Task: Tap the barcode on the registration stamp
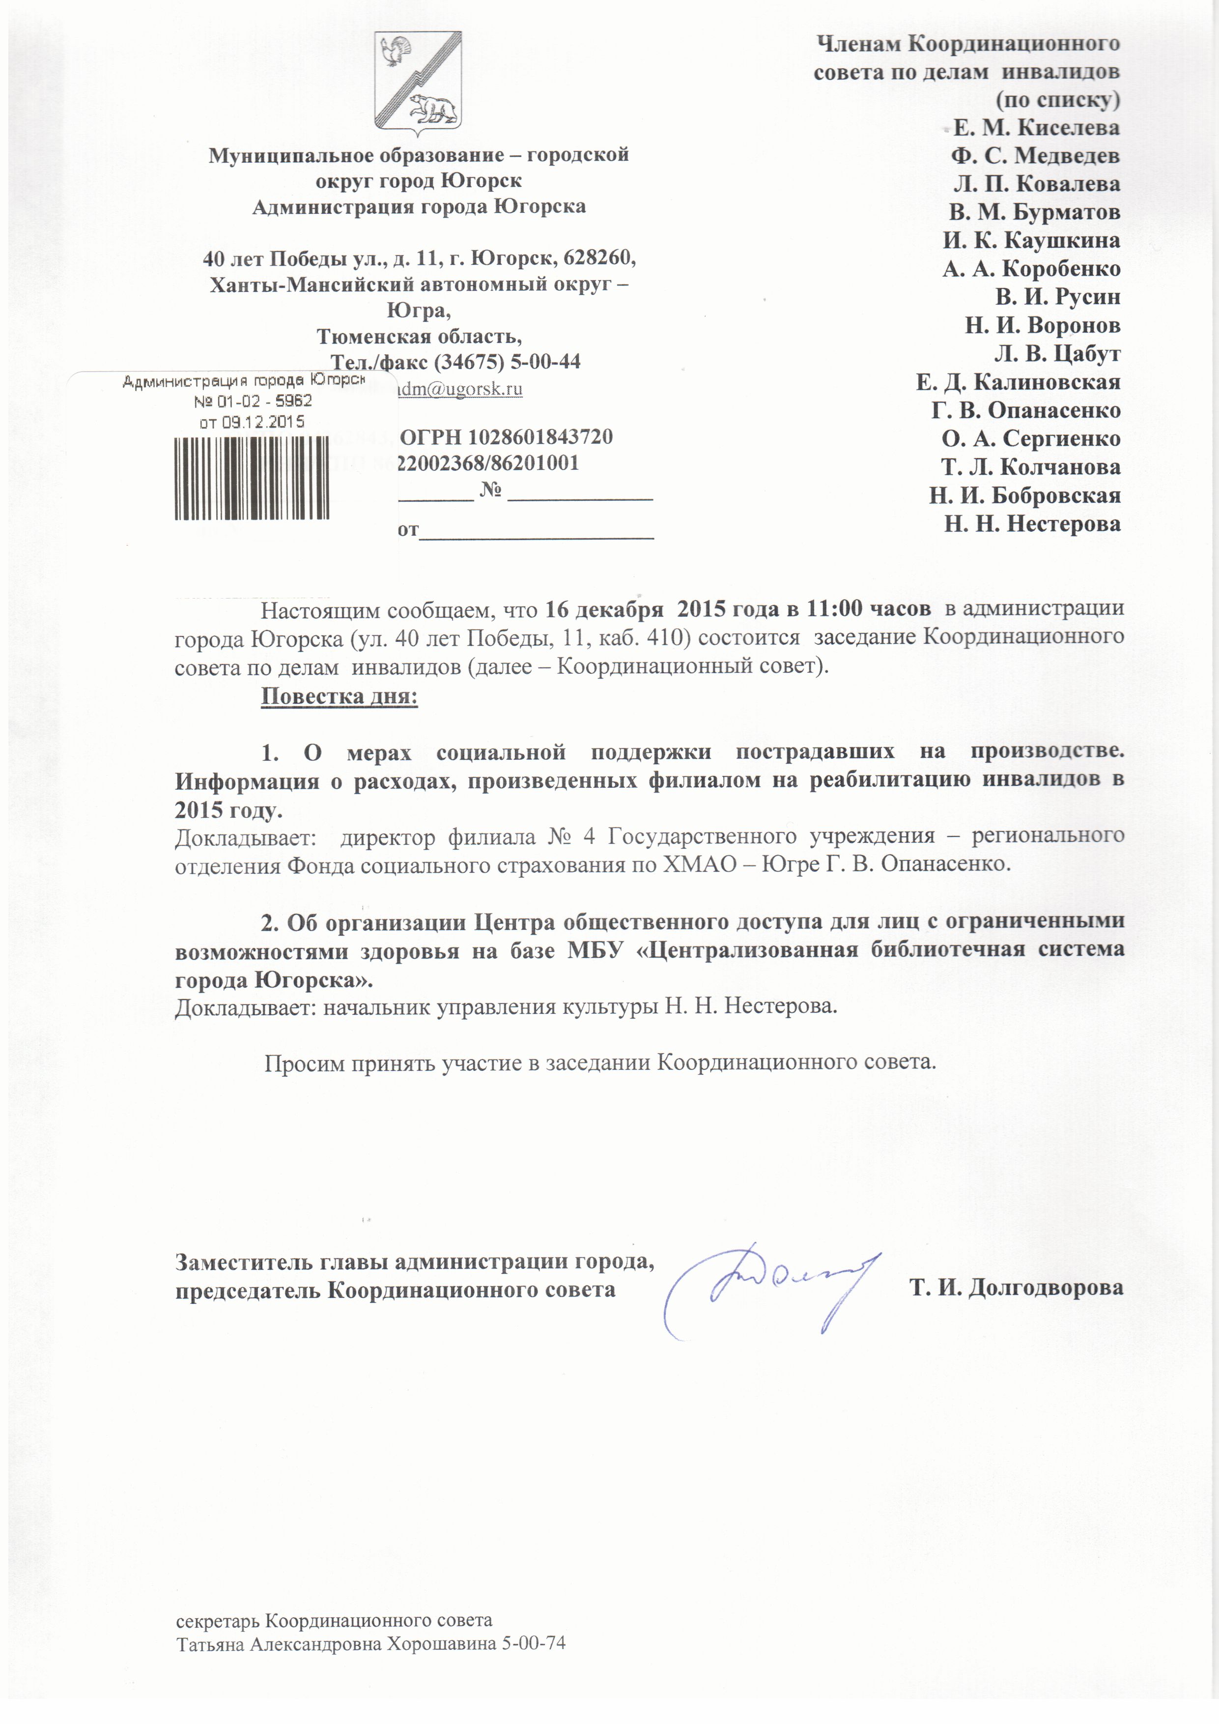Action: (252, 478)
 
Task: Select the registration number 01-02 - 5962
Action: (253, 401)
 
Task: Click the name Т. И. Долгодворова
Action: (1017, 1288)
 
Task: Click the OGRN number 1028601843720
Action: (541, 436)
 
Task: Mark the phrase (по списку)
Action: (1058, 100)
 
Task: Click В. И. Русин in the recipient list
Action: (1058, 297)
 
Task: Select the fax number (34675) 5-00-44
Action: (507, 361)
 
